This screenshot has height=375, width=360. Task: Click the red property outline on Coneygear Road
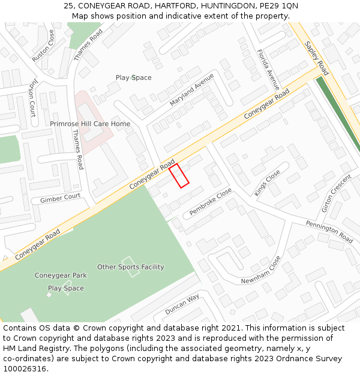click(x=179, y=176)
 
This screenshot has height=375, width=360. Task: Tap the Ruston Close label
click(x=43, y=46)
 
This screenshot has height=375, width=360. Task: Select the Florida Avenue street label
click(x=265, y=68)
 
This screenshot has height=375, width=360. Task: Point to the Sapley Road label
click(x=316, y=55)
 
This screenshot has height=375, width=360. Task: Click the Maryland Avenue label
click(x=191, y=90)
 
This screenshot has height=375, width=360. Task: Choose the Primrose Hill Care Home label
click(x=90, y=124)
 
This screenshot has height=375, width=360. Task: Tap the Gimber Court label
click(x=60, y=197)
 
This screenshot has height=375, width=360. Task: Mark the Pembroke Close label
click(x=211, y=202)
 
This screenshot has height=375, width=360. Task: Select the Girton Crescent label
click(x=336, y=194)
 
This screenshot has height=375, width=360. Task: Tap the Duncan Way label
click(x=182, y=305)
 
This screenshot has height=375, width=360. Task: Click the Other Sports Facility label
click(x=130, y=267)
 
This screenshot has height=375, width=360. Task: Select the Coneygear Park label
click(x=61, y=275)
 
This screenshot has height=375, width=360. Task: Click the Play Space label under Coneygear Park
click(x=66, y=288)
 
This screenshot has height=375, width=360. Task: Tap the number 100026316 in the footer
click(x=25, y=369)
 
